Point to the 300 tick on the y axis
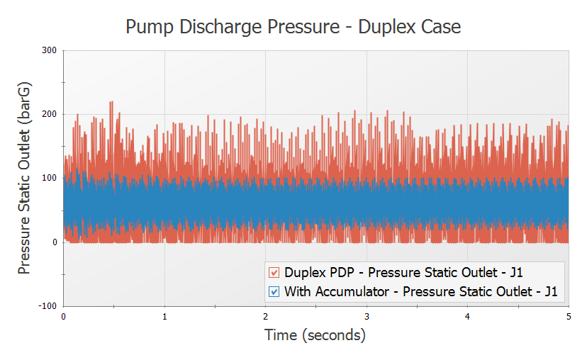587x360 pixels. click(50, 50)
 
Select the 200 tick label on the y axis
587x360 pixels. click(50, 114)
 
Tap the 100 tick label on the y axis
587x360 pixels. click(50, 178)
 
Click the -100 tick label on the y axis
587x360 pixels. click(47, 305)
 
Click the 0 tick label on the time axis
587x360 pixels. click(64, 317)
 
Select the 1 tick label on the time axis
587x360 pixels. click(164, 317)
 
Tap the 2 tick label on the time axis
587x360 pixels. click(266, 317)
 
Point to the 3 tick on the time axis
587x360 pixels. click(367, 317)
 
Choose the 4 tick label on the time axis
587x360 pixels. click(468, 317)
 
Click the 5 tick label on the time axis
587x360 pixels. click(569, 317)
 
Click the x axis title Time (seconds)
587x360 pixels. click(315, 335)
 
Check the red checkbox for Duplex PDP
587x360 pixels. click(274, 272)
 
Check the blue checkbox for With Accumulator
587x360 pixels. click(274, 291)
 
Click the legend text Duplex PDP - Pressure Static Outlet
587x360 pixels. click(403, 272)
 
